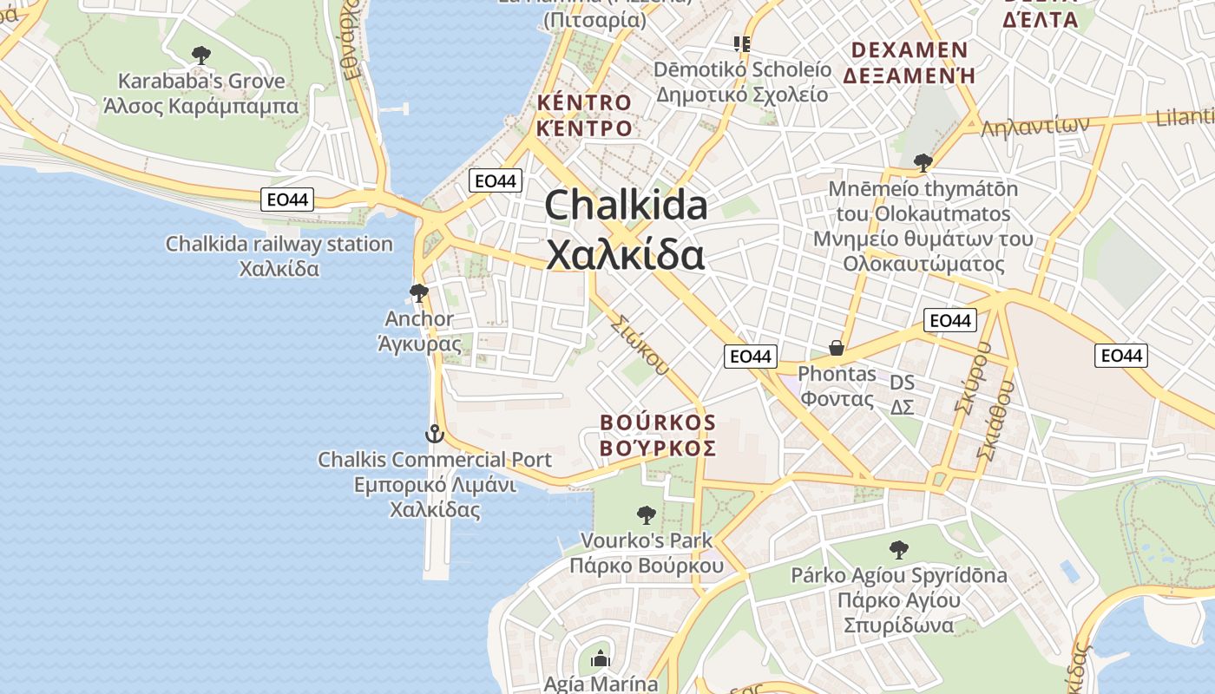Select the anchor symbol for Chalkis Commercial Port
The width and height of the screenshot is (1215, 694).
(x=434, y=434)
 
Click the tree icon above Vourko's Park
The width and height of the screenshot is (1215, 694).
(x=646, y=515)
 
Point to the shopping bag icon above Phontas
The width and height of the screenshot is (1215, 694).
(x=837, y=349)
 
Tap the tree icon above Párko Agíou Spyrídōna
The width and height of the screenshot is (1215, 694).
(x=898, y=549)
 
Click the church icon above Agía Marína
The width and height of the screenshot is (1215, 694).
(x=601, y=659)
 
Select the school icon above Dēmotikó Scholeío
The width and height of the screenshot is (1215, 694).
(x=742, y=43)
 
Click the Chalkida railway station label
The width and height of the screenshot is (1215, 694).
(x=279, y=245)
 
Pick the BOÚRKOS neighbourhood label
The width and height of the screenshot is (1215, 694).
(x=658, y=422)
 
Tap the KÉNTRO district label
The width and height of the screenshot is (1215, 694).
(x=584, y=102)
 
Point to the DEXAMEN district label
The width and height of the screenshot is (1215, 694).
(x=910, y=49)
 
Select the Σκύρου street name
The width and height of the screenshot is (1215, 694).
(x=971, y=377)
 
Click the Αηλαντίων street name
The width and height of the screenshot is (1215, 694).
(x=1034, y=127)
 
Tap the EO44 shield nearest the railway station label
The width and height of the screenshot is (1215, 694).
(x=287, y=200)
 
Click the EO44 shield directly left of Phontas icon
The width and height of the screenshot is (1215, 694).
(x=751, y=356)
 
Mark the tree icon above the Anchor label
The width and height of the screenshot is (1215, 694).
(x=419, y=293)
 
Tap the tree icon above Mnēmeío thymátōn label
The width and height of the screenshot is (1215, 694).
(x=923, y=163)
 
